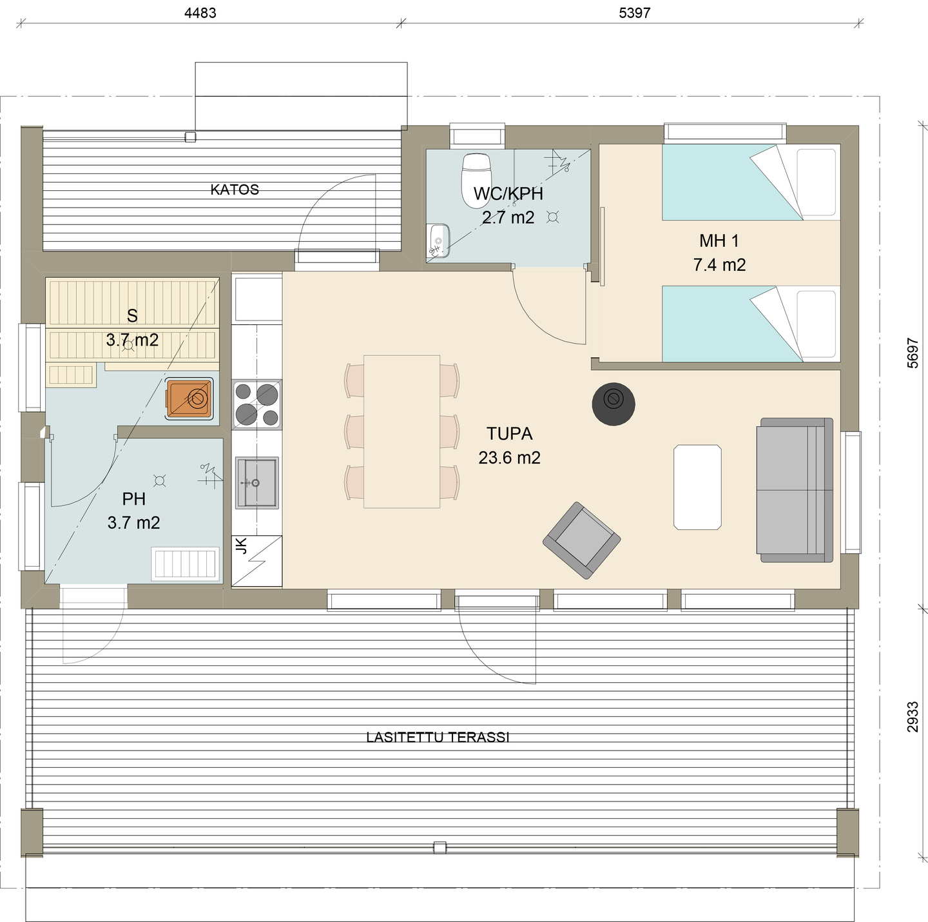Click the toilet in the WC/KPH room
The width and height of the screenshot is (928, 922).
(x=476, y=181)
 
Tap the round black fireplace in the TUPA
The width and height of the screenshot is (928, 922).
(x=614, y=404)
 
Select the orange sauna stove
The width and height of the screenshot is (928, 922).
(x=189, y=398)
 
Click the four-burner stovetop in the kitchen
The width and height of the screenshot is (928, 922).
(x=257, y=404)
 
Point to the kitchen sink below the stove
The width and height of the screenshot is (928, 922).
(x=256, y=482)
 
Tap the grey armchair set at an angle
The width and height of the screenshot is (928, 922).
(x=581, y=540)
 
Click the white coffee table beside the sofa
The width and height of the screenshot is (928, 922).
(x=697, y=487)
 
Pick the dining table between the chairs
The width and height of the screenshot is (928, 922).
(x=401, y=431)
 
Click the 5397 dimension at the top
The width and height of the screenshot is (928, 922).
(x=634, y=13)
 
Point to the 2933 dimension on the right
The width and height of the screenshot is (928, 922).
(x=913, y=717)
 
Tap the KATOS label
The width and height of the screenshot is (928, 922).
(x=235, y=190)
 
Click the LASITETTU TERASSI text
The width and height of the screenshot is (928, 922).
(x=438, y=737)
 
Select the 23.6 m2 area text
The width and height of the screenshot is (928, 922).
(x=509, y=458)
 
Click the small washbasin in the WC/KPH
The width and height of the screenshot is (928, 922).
(x=439, y=239)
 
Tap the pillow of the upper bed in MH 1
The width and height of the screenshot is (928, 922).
(x=817, y=182)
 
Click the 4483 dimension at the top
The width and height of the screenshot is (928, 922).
(x=200, y=13)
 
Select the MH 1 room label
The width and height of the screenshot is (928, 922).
(x=719, y=241)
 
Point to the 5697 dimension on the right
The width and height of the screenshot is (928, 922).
(x=913, y=352)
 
